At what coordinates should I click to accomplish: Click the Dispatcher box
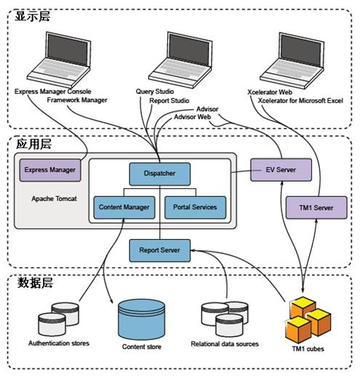tap(159, 174)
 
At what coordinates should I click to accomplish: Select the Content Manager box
tap(124, 207)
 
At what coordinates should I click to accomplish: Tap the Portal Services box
tap(195, 207)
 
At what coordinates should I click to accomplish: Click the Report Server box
tap(159, 250)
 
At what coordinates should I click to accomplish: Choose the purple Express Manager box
tap(50, 170)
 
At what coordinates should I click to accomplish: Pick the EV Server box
tap(281, 170)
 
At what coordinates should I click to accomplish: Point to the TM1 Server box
tap(316, 208)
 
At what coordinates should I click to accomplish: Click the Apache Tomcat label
tap(54, 198)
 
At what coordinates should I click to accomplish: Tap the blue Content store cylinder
tap(141, 319)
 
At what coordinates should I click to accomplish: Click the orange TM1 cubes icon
tap(308, 320)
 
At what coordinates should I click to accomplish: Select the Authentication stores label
tap(59, 343)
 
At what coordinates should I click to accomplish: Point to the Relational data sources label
tap(225, 344)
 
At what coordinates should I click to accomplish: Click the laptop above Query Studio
tap(180, 60)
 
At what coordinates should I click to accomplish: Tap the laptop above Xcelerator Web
tap(292, 60)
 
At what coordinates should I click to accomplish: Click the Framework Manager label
tap(77, 100)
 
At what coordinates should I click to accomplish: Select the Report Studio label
tap(169, 101)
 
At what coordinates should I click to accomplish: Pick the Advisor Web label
tap(192, 117)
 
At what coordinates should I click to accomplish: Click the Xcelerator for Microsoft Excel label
tap(300, 101)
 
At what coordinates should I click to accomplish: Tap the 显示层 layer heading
tap(33, 17)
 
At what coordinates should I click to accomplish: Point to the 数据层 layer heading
tap(35, 283)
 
